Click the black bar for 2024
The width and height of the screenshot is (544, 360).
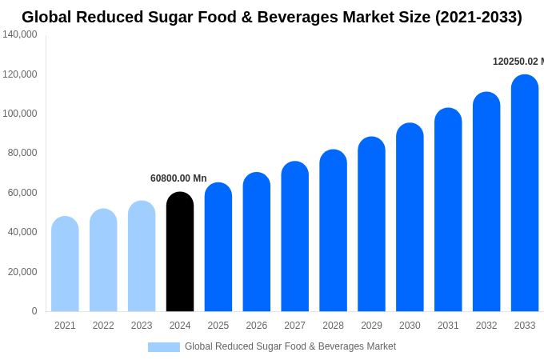pos(180,252)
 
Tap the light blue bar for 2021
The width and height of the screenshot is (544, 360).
pos(65,264)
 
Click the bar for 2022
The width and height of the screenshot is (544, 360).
pos(103,260)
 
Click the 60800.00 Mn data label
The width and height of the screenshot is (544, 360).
pos(178,178)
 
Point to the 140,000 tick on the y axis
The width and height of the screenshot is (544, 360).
pos(20,34)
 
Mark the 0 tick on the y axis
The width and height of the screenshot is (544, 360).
pos(34,311)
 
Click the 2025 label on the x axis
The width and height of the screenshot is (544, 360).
pos(218,326)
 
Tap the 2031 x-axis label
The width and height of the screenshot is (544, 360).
pos(448,326)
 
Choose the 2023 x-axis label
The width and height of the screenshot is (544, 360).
pos(142,326)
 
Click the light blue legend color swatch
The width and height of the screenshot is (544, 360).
pos(163,346)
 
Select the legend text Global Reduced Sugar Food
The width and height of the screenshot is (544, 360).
pos(290,346)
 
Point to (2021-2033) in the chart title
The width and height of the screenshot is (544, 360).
pos(478,17)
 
